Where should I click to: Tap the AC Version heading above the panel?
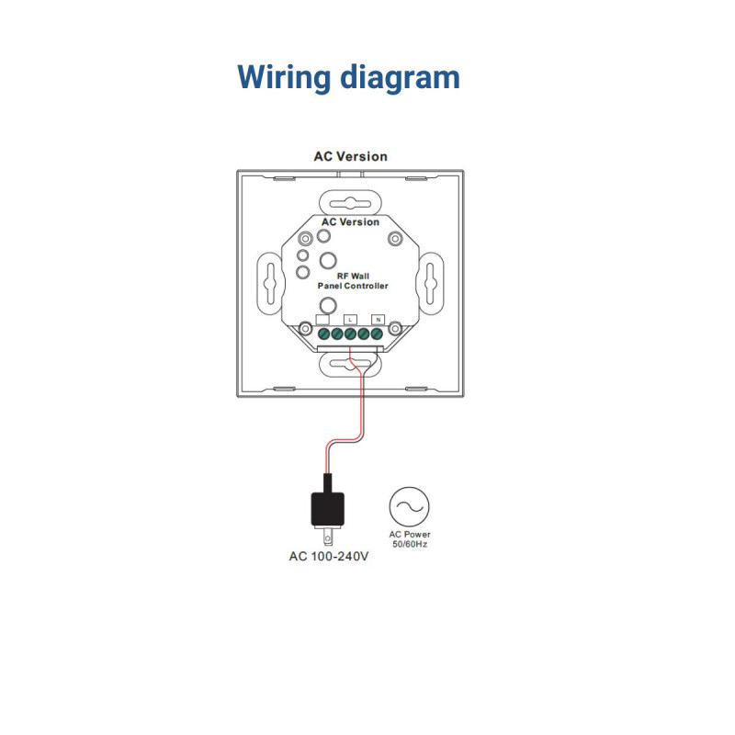click(x=350, y=156)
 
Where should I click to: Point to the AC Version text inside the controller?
click(x=349, y=222)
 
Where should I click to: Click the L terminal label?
click(x=350, y=318)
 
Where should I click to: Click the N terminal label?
click(x=378, y=318)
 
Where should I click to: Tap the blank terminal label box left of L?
click(x=322, y=318)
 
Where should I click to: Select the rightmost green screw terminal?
click(x=377, y=334)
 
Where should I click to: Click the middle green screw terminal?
click(x=350, y=334)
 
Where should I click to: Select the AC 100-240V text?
click(x=328, y=556)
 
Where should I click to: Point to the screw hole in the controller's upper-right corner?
click(x=395, y=239)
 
